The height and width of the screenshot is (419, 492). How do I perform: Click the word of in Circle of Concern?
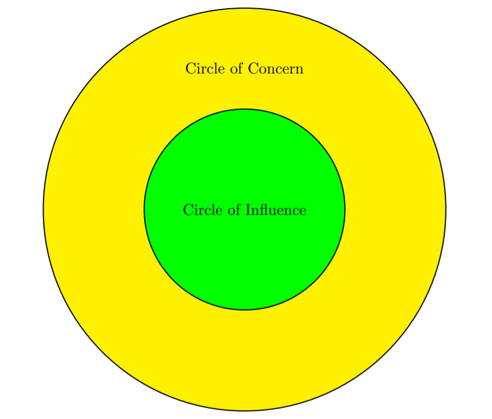coord(233,69)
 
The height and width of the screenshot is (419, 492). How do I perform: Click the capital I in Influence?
coord(248,210)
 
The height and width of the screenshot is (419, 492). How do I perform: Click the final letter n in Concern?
coord(300,70)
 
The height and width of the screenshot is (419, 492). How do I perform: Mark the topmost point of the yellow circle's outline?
coord(245,8)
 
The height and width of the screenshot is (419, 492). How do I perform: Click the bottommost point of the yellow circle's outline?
coord(245,410)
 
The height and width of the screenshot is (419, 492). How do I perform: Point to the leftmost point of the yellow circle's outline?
coord(43,209)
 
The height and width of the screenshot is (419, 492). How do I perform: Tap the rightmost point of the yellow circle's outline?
coord(446,209)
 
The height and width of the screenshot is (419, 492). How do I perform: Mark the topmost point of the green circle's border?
coord(245,109)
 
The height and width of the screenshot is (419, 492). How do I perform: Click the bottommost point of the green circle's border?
coord(245,310)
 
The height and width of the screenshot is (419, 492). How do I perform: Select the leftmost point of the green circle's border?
coord(144,209)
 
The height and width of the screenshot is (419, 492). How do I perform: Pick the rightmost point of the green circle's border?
coord(345,209)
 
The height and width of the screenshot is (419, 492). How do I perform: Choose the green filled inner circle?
coord(245,255)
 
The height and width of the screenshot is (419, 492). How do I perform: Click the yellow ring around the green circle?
coord(245,359)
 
